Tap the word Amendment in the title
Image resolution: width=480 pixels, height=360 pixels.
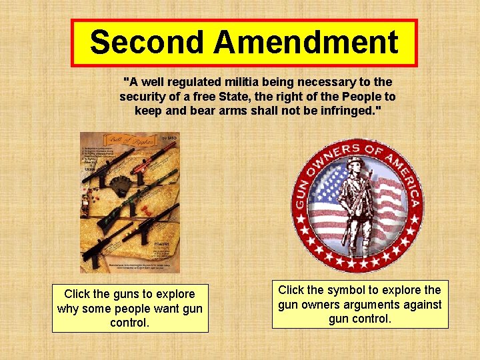[x=306, y=43]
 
